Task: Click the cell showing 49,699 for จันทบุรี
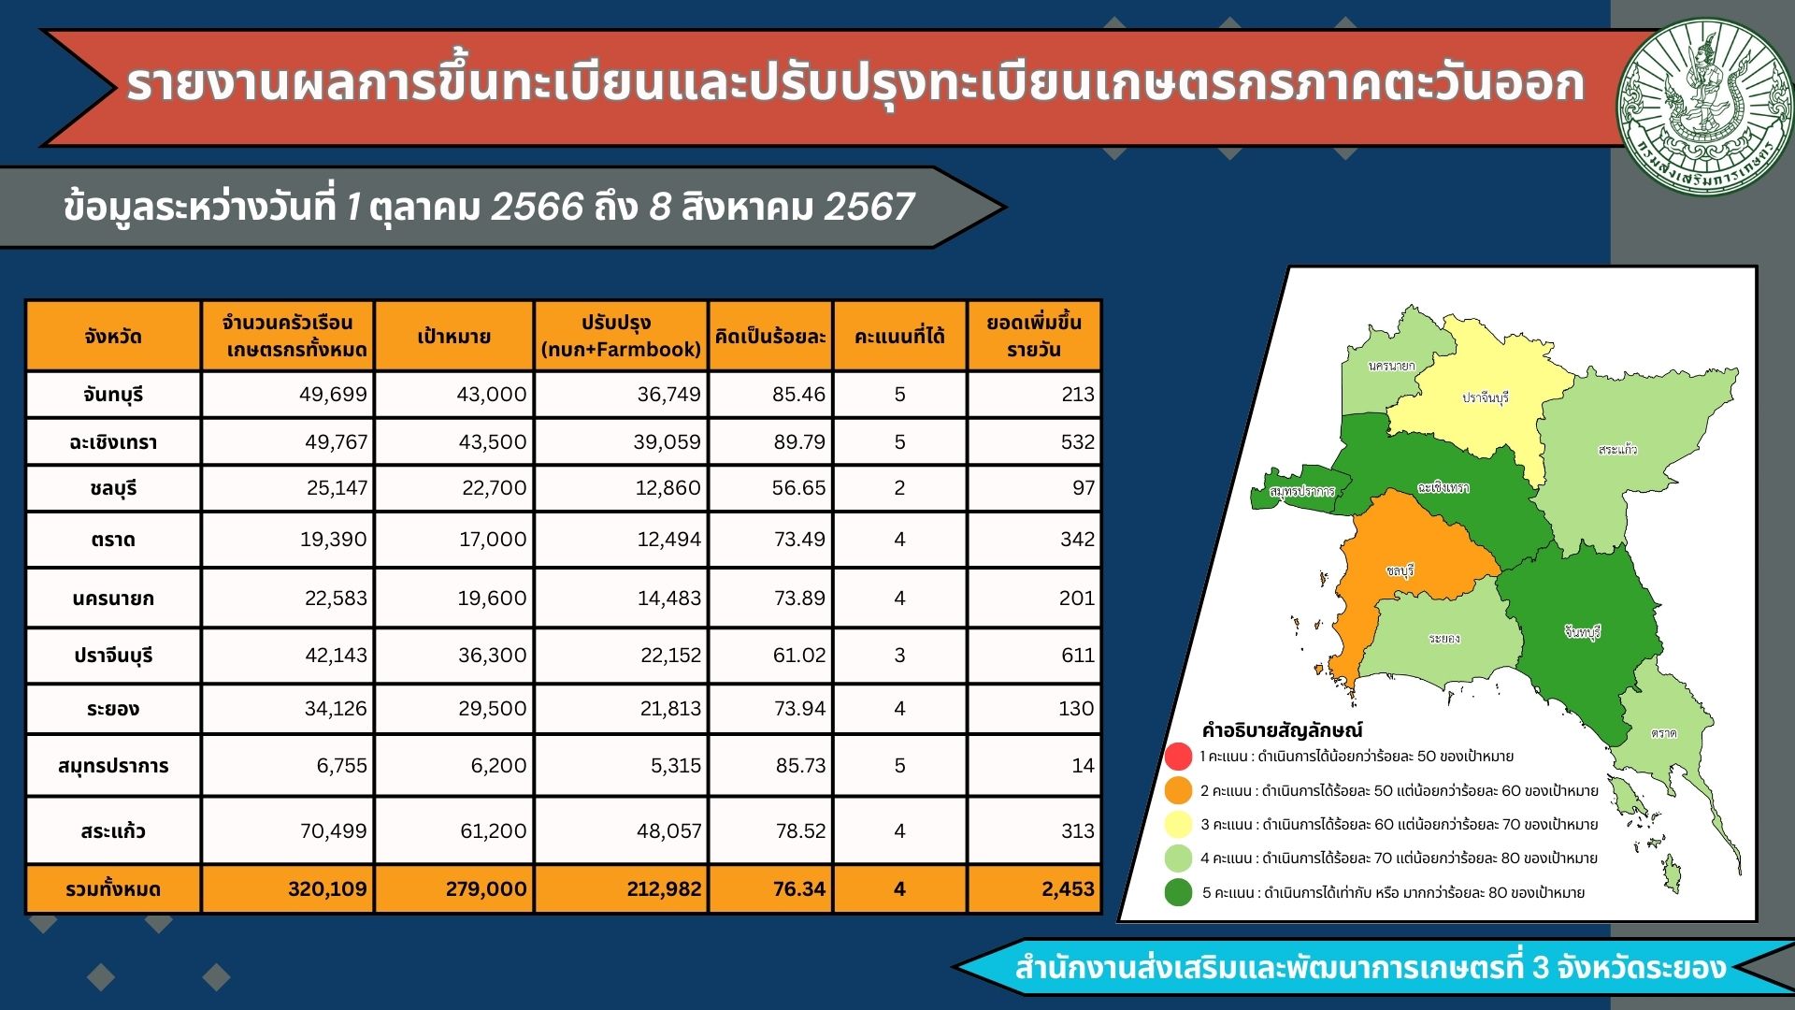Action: [x=333, y=395]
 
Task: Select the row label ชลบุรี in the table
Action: [x=113, y=489]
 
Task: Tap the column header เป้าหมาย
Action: [x=453, y=337]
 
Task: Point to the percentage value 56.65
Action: [x=798, y=488]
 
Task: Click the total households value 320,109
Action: [x=327, y=889]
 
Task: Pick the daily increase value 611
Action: [x=1077, y=656]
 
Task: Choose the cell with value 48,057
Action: [x=668, y=831]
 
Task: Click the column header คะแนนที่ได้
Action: [x=899, y=337]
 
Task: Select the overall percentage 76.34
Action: [x=798, y=889]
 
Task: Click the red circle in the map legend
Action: [x=1179, y=756]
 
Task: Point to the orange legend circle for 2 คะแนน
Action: [x=1179, y=790]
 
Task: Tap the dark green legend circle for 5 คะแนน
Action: [x=1179, y=892]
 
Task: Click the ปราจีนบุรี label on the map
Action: [x=1486, y=397]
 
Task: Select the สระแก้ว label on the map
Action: [x=1617, y=450]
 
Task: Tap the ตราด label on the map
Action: [x=1663, y=733]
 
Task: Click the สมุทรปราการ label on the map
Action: [x=1302, y=491]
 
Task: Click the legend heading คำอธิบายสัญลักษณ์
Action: [x=1282, y=729]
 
